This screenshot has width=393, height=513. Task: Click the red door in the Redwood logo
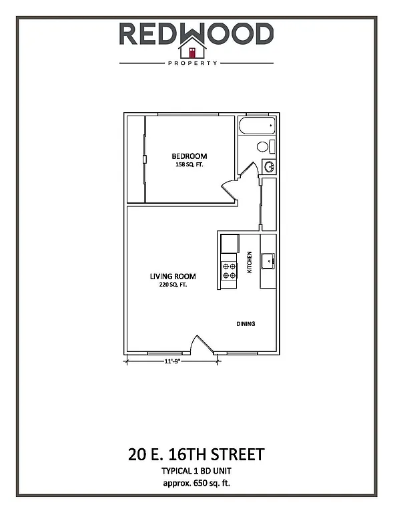[x=191, y=51]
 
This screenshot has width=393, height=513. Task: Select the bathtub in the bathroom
[x=257, y=126]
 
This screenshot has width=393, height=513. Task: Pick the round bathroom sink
[x=270, y=166]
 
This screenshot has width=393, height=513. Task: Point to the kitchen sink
[x=268, y=261]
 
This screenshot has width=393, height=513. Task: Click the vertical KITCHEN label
[x=250, y=262]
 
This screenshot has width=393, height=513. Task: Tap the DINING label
[x=246, y=324]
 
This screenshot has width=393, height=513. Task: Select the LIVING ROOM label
[x=172, y=276]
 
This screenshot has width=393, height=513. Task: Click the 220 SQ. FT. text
[x=172, y=285]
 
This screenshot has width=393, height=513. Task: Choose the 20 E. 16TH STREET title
[x=196, y=455]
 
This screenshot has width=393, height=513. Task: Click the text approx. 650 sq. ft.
[x=196, y=481]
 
